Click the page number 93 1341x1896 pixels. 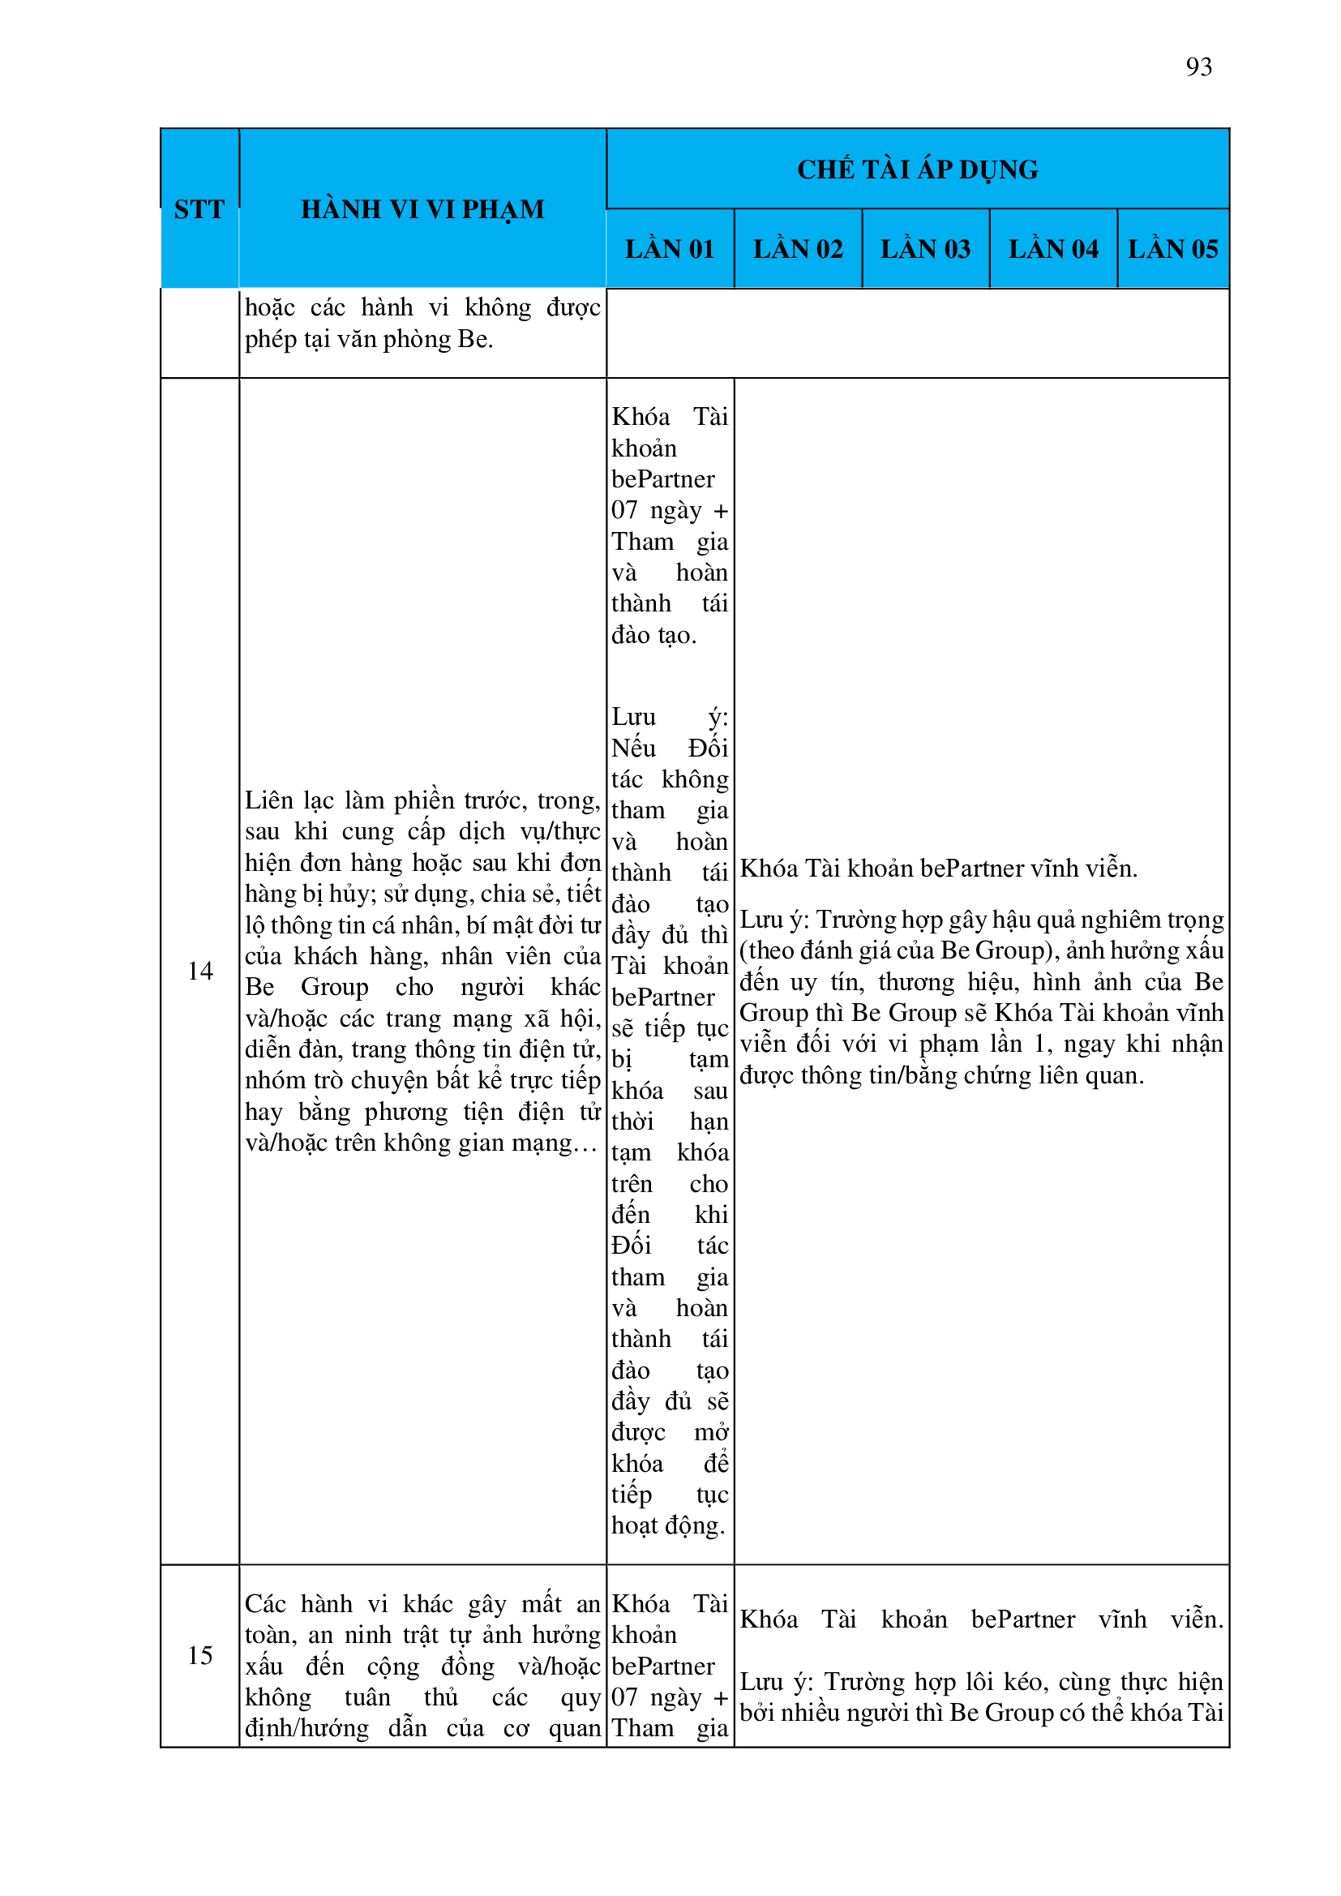pyautogui.click(x=1198, y=66)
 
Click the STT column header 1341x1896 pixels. pyautogui.click(x=199, y=210)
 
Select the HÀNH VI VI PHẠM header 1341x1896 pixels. pyautogui.click(x=422, y=210)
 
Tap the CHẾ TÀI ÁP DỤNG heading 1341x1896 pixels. pyautogui.click(x=918, y=169)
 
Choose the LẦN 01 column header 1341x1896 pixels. pyautogui.click(x=669, y=250)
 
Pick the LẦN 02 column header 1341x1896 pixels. pyautogui.click(x=798, y=250)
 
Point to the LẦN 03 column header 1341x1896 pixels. pyautogui.click(x=925, y=250)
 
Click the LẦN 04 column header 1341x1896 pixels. pyautogui.click(x=1053, y=250)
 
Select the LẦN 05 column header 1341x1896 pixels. pyautogui.click(x=1172, y=250)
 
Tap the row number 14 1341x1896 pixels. pyautogui.click(x=199, y=972)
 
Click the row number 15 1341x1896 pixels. pyautogui.click(x=199, y=1656)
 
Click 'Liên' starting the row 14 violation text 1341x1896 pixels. pyautogui.click(x=268, y=800)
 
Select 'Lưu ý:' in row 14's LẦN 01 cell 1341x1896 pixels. pyautogui.click(x=670, y=717)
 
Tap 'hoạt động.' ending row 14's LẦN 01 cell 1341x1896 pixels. pyautogui.click(x=668, y=1526)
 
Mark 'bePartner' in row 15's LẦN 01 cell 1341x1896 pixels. pyautogui.click(x=663, y=1667)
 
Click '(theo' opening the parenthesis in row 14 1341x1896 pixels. pyautogui.click(x=758, y=950)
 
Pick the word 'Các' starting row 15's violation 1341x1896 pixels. pyautogui.click(x=266, y=1604)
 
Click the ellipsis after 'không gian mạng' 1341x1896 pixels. pyautogui.click(x=584, y=1144)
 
